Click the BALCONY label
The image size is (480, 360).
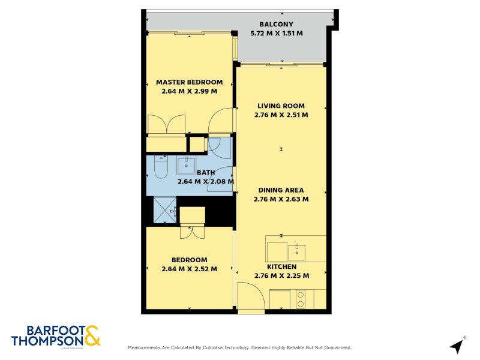tap(277, 25)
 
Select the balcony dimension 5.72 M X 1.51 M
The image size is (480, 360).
tap(277, 34)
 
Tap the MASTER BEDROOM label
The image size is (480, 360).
tap(189, 82)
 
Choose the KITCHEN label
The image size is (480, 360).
tap(281, 266)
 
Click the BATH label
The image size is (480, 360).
tap(189, 172)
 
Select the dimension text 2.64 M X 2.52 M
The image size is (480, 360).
tap(189, 269)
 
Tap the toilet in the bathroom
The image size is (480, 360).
tap(160, 166)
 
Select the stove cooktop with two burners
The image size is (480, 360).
tap(300, 299)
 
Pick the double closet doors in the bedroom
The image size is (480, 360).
tap(192, 231)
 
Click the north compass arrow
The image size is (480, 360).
tap(458, 345)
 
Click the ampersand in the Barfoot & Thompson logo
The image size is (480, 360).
tap(92, 335)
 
